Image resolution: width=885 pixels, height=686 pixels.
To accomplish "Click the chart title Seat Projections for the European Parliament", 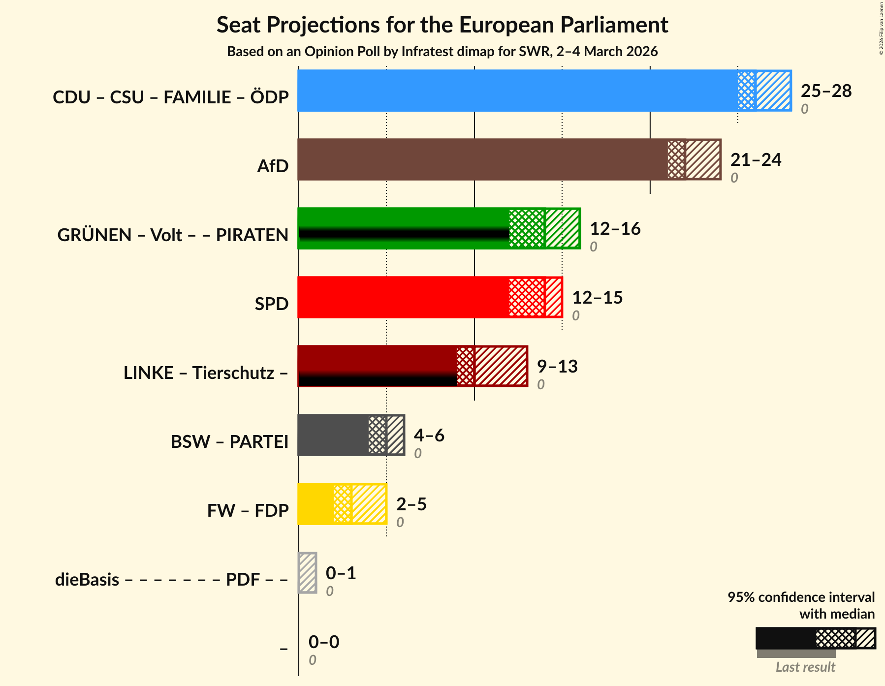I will point(442,25).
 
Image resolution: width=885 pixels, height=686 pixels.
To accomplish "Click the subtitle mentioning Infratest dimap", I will point(442,52).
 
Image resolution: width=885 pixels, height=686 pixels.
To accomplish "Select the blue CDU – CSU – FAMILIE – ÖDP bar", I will point(517,91).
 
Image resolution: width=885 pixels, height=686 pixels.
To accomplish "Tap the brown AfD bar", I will point(482,159).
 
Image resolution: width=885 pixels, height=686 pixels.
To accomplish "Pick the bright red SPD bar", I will point(404,297).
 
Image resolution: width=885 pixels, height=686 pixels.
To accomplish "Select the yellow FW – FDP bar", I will point(316,504).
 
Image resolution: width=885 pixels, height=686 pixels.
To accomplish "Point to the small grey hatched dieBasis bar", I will point(308,573).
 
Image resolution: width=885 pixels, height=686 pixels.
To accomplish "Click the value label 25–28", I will point(826,91).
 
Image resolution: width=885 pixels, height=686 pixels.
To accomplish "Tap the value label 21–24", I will point(756,160).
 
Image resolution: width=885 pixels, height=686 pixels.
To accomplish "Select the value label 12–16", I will point(615,229).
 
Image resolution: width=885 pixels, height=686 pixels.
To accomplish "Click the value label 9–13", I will point(557,367).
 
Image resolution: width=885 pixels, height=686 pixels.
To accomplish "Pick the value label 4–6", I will point(429,436).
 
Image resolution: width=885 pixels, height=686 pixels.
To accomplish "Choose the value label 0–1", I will point(341,573).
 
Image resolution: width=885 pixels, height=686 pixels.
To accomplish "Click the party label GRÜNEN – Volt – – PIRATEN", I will point(173,235).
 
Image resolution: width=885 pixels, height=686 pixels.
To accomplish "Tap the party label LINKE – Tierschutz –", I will point(206,373).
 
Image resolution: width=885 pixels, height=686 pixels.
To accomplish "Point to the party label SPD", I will point(271,304).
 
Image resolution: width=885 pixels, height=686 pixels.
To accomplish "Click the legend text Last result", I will point(805,667).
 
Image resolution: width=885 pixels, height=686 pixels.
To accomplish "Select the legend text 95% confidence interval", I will point(801,597).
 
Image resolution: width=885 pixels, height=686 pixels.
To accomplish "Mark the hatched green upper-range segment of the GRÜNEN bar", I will point(562,228).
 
